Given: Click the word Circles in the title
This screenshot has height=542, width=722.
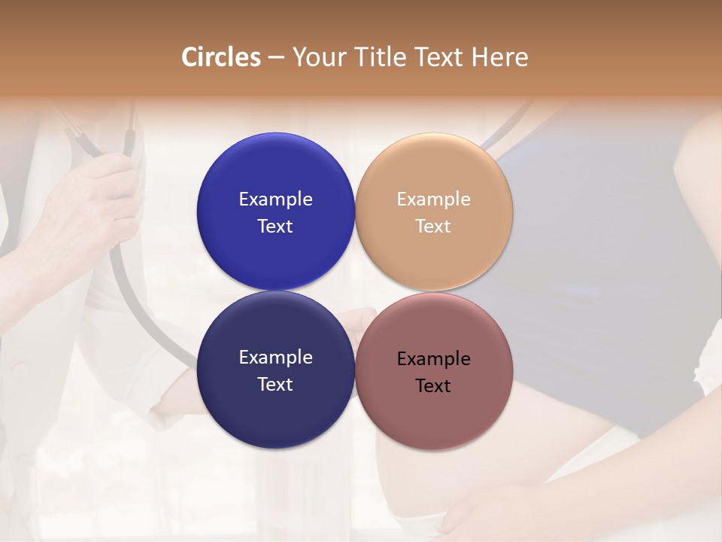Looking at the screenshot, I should point(220,57).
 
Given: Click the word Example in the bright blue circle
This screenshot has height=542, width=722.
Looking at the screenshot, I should point(275,199).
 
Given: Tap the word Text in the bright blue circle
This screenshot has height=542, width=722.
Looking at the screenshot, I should point(275,227).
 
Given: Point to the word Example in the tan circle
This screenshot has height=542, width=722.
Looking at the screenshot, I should point(434,199).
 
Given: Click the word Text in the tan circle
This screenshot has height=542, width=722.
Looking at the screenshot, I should point(434,227).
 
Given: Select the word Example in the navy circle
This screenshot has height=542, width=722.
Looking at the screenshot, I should point(275,358).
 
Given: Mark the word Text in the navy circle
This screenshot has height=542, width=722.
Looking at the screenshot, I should point(275,385).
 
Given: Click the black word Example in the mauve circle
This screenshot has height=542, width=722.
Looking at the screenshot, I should point(434,359).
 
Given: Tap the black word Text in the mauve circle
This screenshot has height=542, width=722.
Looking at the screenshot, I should point(434,386).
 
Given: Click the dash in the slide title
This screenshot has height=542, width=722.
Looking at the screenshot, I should point(276,58).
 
